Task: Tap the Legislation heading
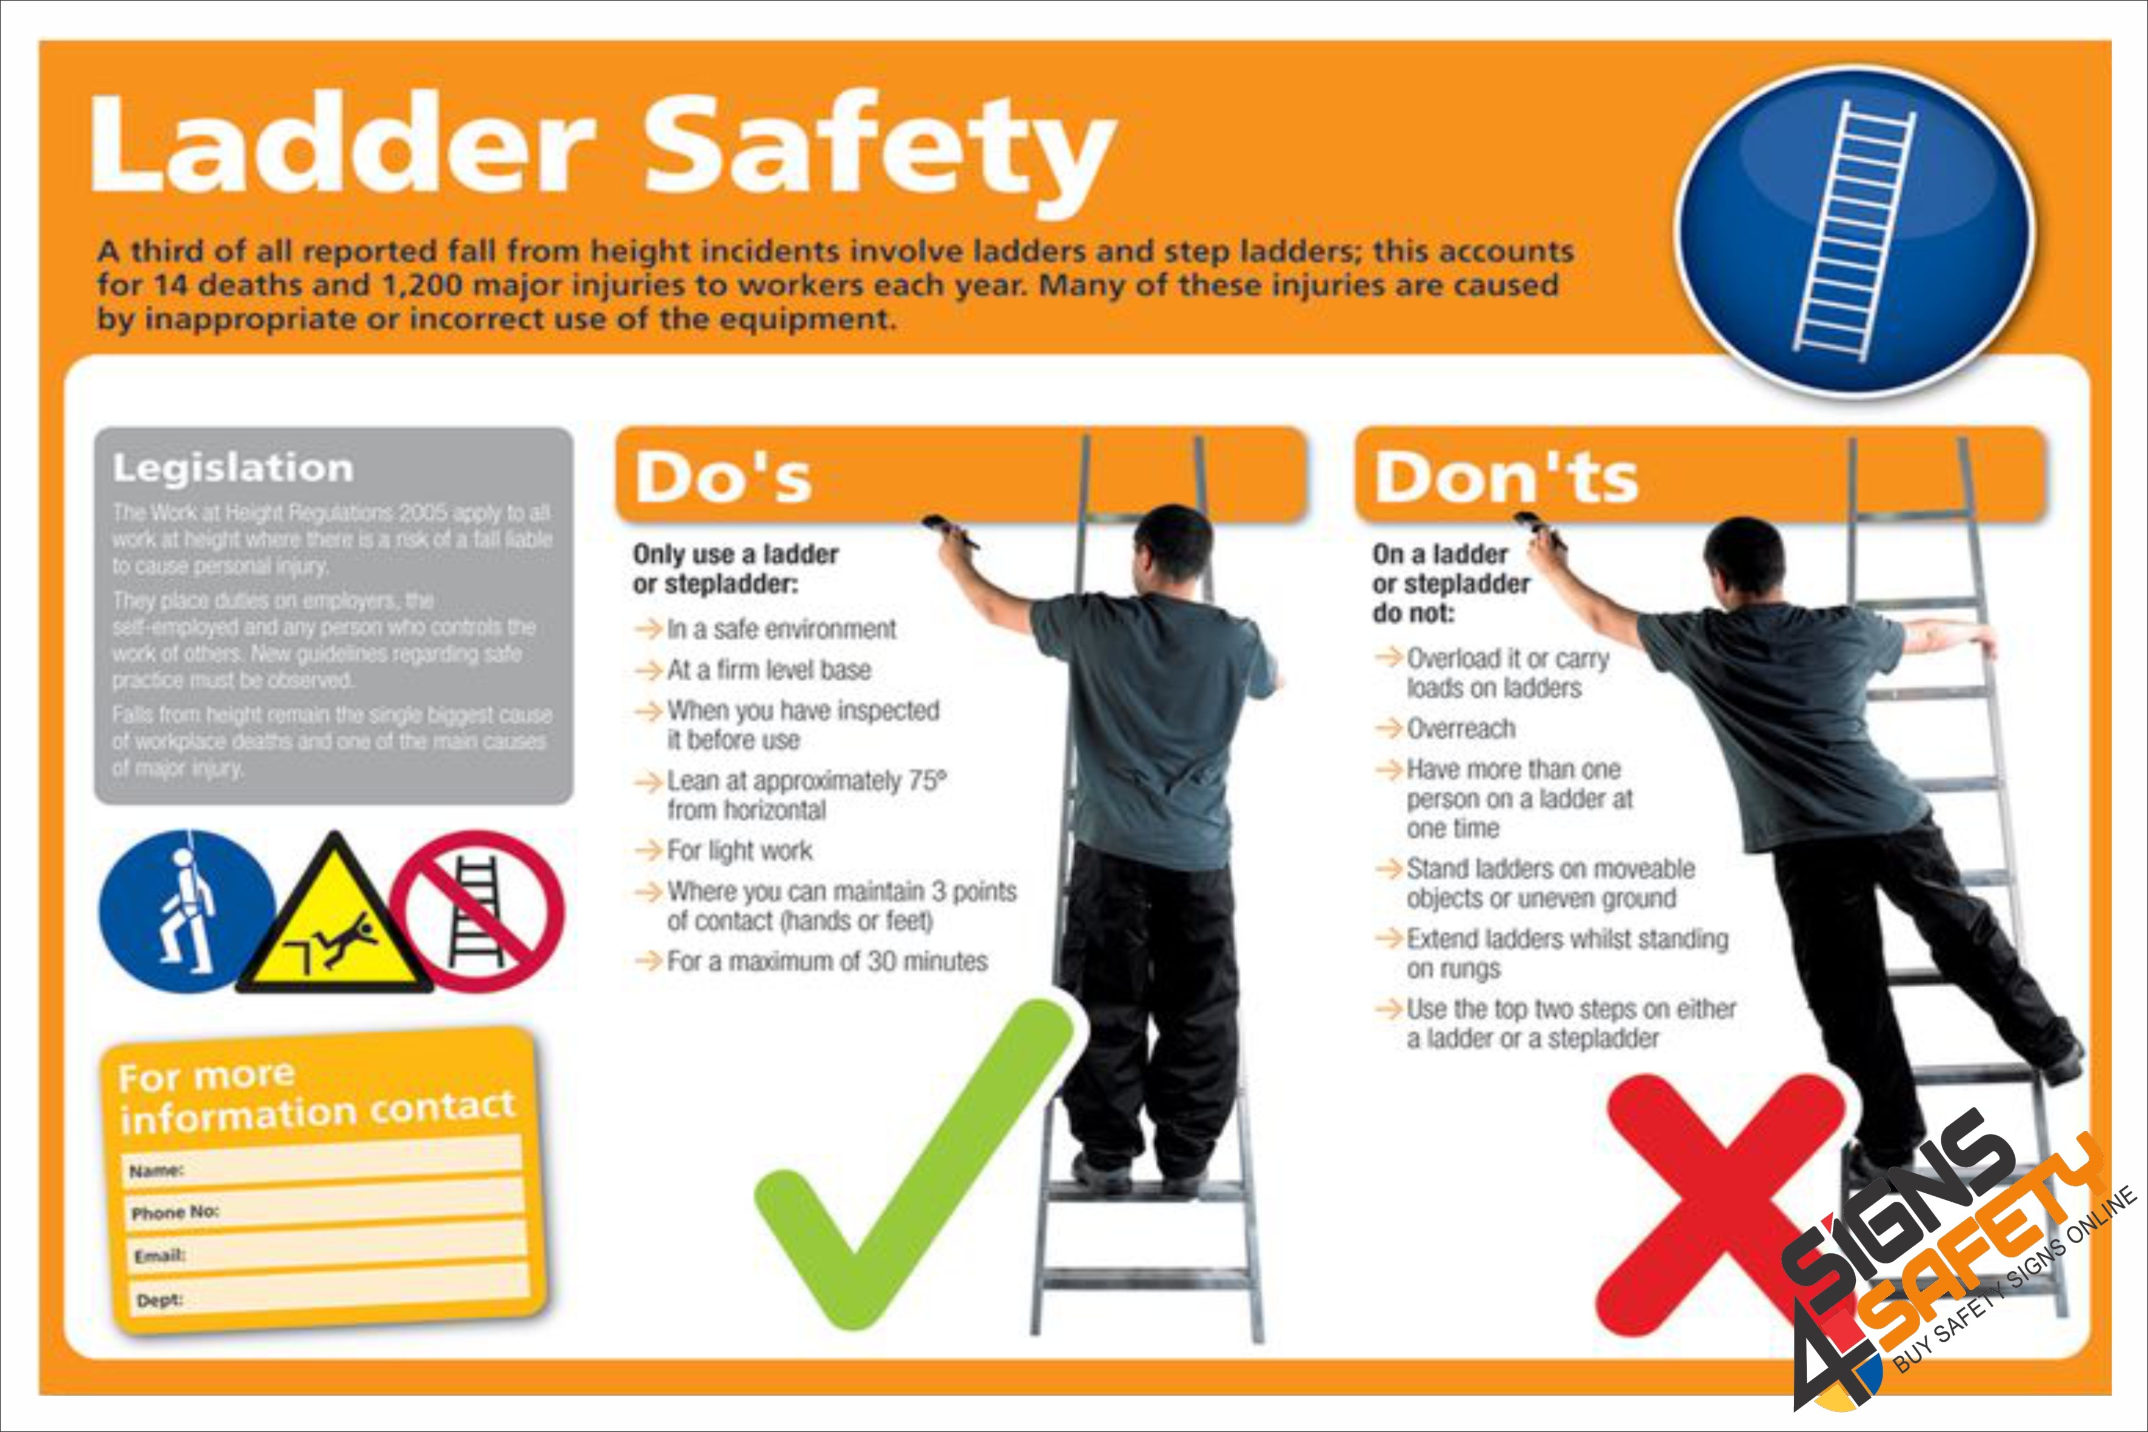[x=233, y=468]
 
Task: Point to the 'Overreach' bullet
[x=1460, y=729]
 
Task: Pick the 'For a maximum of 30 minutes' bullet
[x=827, y=962]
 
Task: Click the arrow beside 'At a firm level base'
[x=649, y=670]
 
